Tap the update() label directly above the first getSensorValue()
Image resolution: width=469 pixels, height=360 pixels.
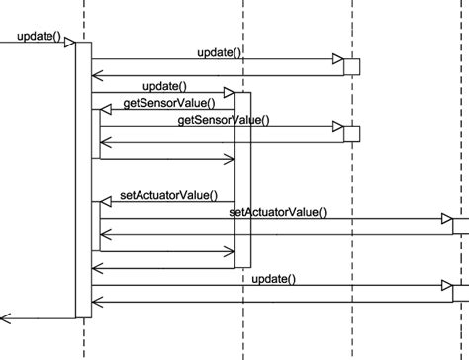coord(164,87)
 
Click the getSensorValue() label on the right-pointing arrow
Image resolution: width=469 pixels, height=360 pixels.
coord(223,119)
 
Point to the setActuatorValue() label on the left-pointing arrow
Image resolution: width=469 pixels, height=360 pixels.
coord(168,195)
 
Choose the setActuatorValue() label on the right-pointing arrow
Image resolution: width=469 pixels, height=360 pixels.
coord(277,211)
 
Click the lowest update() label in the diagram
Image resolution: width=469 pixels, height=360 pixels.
coord(274,279)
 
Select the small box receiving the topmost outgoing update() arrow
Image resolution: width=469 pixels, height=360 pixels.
coord(351,66)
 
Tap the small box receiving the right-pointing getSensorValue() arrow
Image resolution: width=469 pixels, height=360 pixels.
coord(351,134)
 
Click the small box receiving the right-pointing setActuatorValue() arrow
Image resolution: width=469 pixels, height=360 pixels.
coord(461,225)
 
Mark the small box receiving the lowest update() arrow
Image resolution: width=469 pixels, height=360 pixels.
coord(461,293)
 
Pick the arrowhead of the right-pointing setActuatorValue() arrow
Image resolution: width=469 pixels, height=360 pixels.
coord(447,219)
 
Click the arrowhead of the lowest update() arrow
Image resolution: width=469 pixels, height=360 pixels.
coord(447,287)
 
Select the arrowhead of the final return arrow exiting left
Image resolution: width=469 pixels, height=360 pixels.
coord(5,317)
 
